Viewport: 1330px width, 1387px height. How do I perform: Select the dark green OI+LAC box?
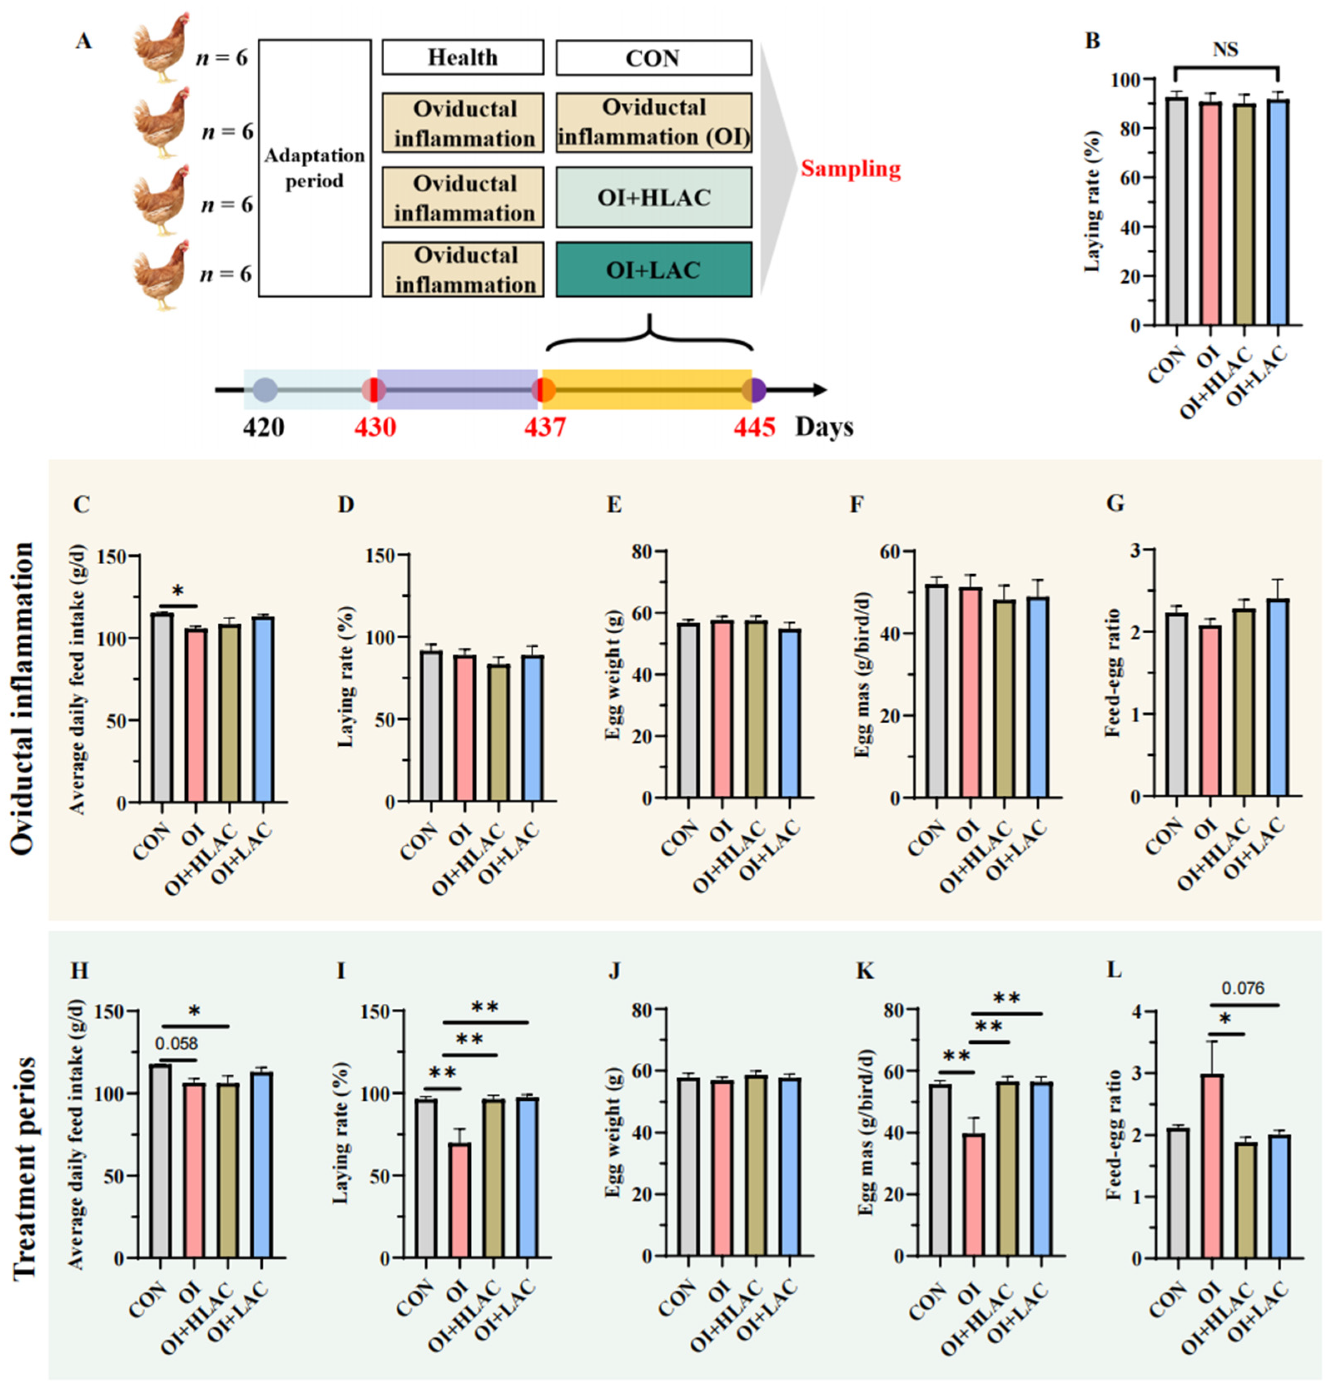[x=653, y=270]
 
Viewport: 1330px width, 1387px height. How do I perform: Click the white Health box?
[x=463, y=57]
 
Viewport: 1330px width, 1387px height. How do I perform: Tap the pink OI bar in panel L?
[x=1212, y=1166]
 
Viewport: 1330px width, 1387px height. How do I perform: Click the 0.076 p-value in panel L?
[x=1243, y=989]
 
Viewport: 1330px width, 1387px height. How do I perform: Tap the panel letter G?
[x=1115, y=504]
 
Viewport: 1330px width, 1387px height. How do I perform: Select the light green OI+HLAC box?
[x=653, y=197]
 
